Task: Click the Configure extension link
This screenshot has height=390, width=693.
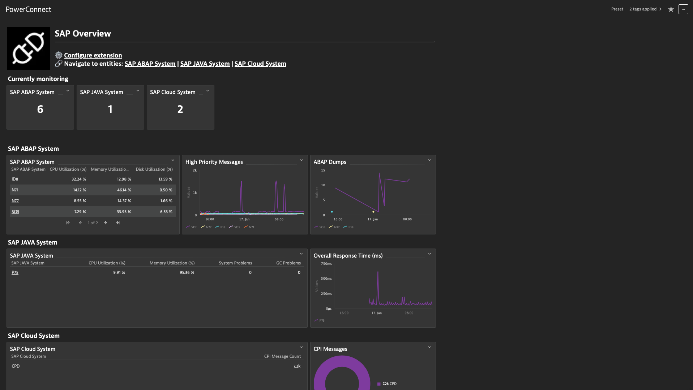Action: click(93, 55)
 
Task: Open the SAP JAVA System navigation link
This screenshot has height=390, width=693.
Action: click(205, 64)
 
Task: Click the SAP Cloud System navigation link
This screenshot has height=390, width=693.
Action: click(260, 64)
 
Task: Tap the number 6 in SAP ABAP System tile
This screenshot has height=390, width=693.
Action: click(40, 109)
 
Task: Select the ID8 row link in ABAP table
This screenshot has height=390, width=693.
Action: click(15, 179)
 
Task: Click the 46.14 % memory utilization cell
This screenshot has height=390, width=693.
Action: click(124, 190)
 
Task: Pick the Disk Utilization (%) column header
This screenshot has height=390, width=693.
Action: click(154, 169)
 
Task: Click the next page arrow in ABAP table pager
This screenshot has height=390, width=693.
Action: click(106, 223)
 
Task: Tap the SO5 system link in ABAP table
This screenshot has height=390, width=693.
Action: click(15, 212)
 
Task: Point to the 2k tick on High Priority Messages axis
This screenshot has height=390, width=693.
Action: click(195, 170)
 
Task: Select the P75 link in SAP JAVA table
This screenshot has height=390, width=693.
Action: click(15, 272)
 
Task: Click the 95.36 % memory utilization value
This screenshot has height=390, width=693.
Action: click(187, 272)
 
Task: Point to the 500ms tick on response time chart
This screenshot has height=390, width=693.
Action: click(326, 279)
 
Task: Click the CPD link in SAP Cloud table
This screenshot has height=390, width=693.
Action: click(16, 366)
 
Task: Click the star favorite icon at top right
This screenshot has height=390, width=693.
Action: click(671, 9)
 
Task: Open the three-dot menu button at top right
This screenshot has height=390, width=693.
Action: click(683, 9)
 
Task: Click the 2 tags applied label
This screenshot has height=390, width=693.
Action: click(643, 9)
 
